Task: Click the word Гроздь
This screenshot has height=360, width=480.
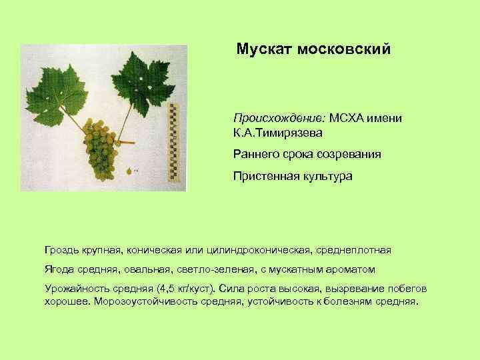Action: coord(61,250)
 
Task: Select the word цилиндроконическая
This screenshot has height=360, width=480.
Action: coord(260,250)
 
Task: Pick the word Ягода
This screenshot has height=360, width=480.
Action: coord(58,269)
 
